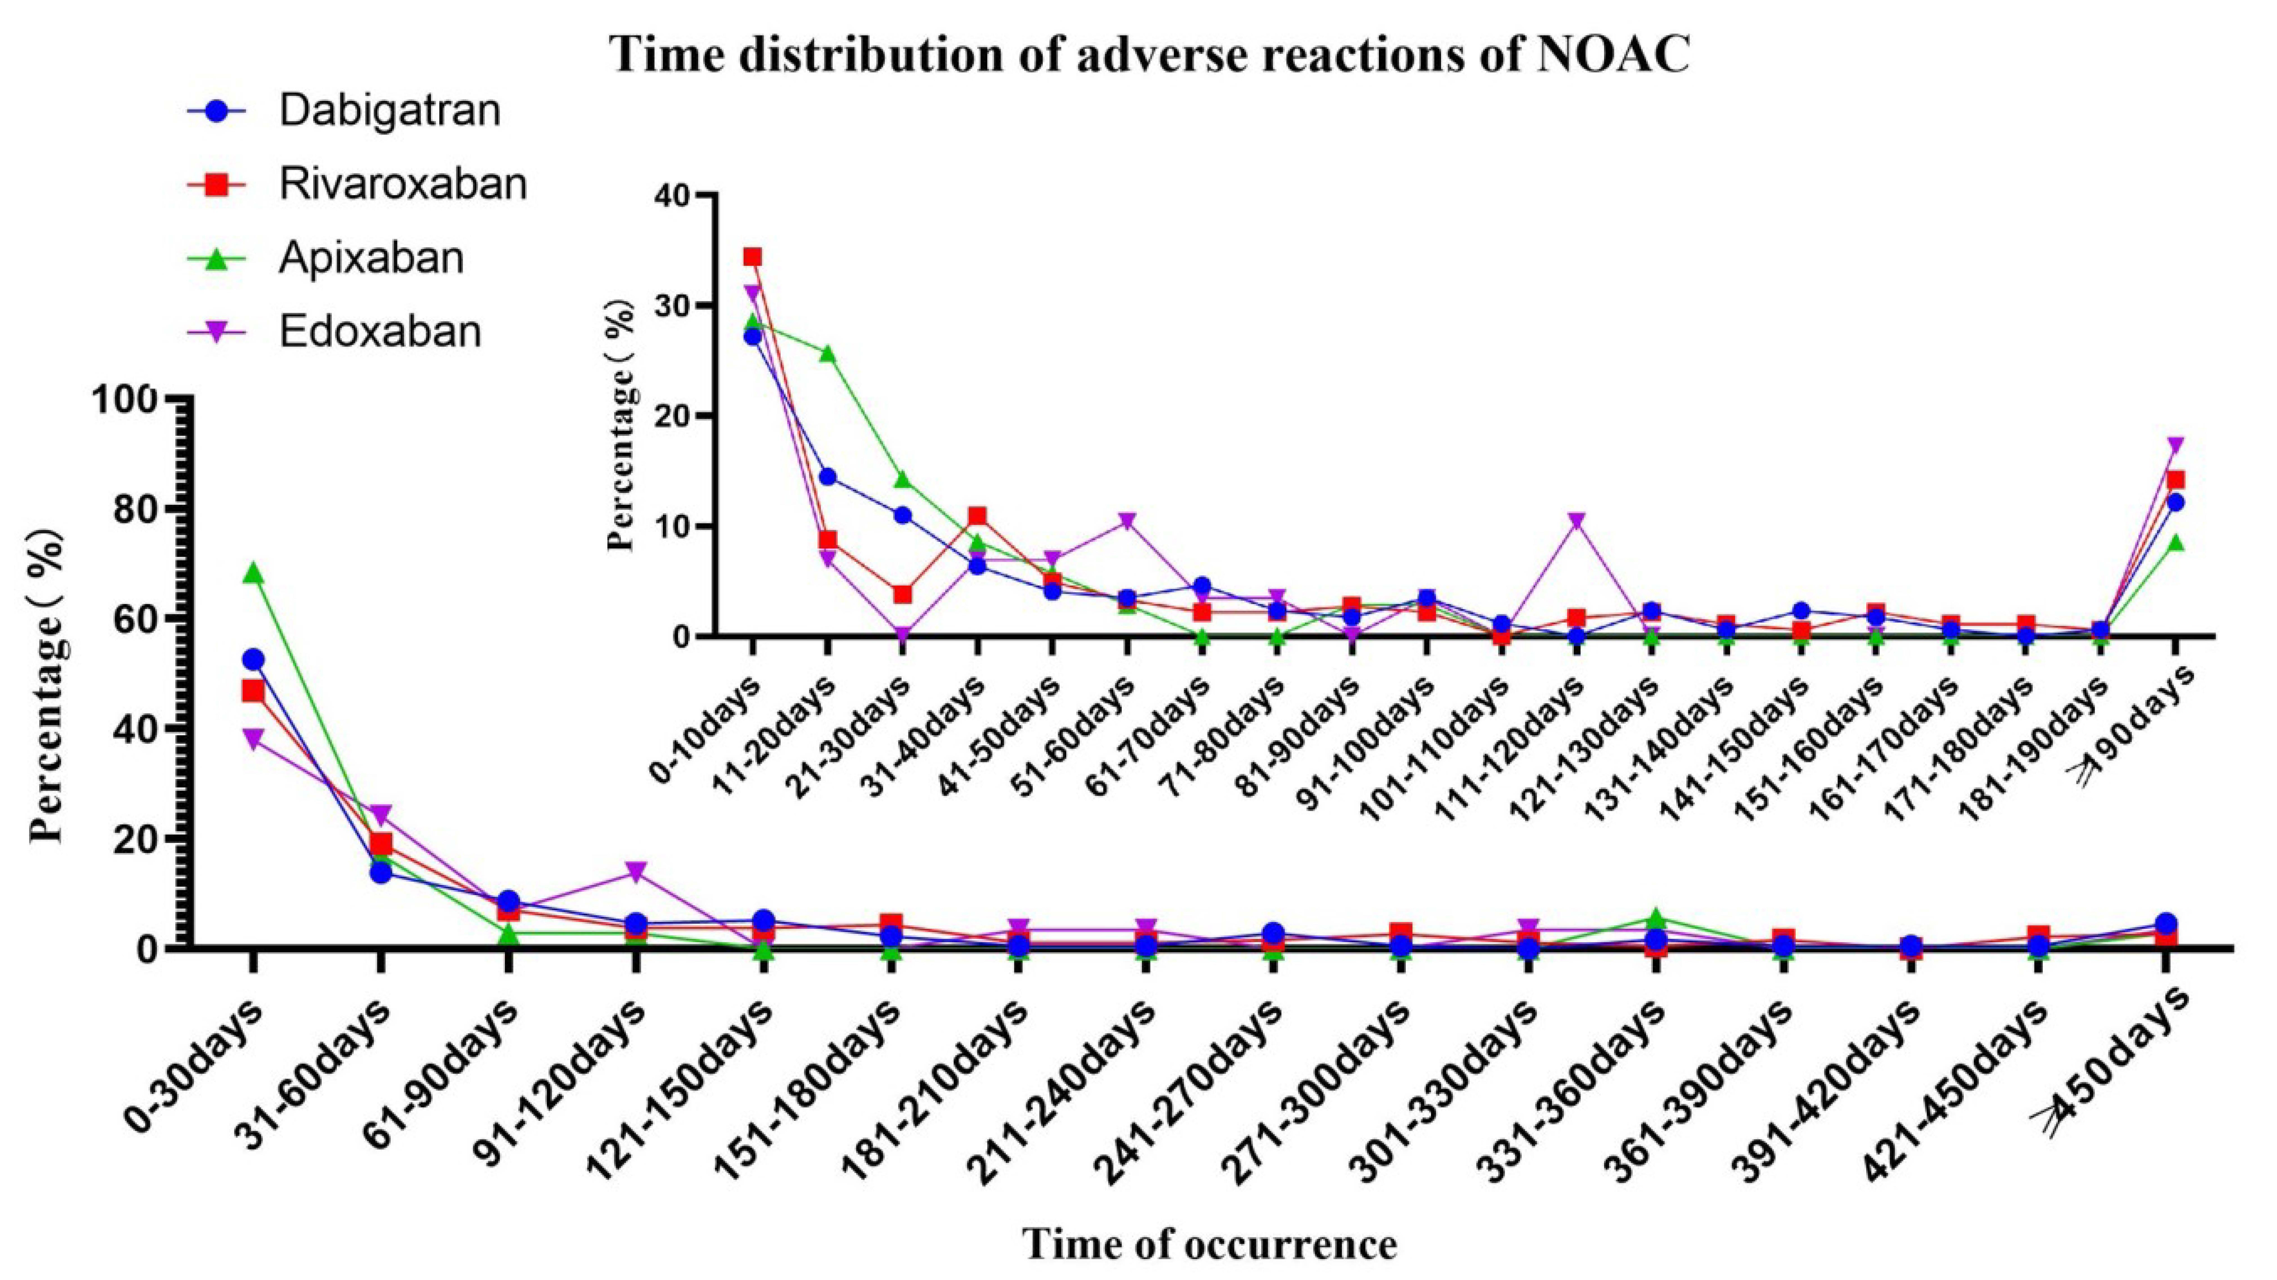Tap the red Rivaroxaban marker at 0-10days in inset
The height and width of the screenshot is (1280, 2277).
(x=752, y=257)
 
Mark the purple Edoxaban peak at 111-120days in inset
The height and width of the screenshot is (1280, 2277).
(x=1576, y=522)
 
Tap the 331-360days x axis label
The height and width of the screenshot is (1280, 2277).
(x=1591, y=1070)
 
